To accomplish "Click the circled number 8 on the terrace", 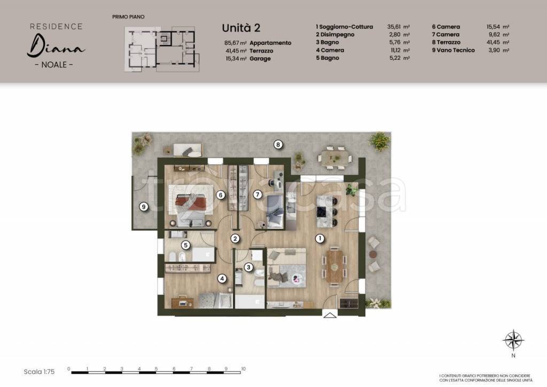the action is pyautogui.click(x=278, y=144).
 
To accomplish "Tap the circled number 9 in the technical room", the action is pyautogui.click(x=144, y=207).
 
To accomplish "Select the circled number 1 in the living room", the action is pyautogui.click(x=319, y=239).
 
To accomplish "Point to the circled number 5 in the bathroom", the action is pyautogui.click(x=186, y=245).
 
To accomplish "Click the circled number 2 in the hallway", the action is pyautogui.click(x=235, y=239).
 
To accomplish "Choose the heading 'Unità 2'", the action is pyautogui.click(x=241, y=28).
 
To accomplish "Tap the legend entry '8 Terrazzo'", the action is pyautogui.click(x=446, y=42).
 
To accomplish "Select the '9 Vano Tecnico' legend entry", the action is pyautogui.click(x=453, y=50).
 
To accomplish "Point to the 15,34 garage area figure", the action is pyautogui.click(x=233, y=59).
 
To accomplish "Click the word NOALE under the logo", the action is pyautogui.click(x=54, y=65).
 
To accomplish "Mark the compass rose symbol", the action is pyautogui.click(x=513, y=340).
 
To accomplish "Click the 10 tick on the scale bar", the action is pyautogui.click(x=243, y=369).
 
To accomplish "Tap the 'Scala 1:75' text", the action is pyautogui.click(x=39, y=372).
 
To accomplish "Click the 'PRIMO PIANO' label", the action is pyautogui.click(x=128, y=17).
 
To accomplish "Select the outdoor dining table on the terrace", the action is pyautogui.click(x=335, y=158).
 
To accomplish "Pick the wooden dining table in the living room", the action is pyautogui.click(x=335, y=267).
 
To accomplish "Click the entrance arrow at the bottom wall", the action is pyautogui.click(x=330, y=315).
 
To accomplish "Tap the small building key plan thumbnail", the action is pyautogui.click(x=162, y=49).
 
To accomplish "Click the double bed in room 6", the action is pyautogui.click(x=191, y=206).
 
